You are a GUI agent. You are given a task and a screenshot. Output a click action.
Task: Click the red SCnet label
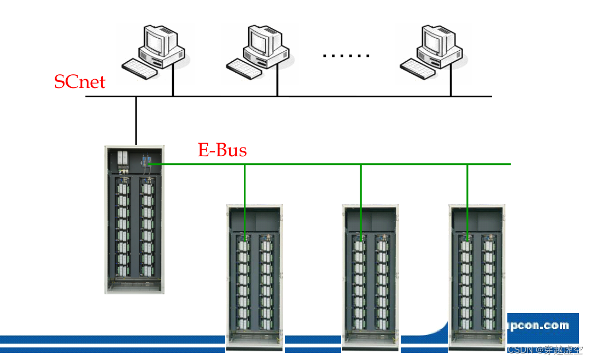pyautogui.click(x=79, y=82)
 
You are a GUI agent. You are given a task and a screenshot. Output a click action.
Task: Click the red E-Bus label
pyautogui.click(x=222, y=150)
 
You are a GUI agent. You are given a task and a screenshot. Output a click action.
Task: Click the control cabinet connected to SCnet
pyautogui.click(x=134, y=219)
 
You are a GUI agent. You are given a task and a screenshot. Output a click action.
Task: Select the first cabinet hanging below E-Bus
pyautogui.click(x=255, y=276)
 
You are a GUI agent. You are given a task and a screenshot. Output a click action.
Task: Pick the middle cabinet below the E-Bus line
pyautogui.click(x=370, y=276)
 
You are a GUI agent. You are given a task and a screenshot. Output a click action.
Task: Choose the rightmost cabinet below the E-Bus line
pyautogui.click(x=477, y=276)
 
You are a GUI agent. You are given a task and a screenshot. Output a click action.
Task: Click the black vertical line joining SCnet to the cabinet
pyautogui.click(x=136, y=120)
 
